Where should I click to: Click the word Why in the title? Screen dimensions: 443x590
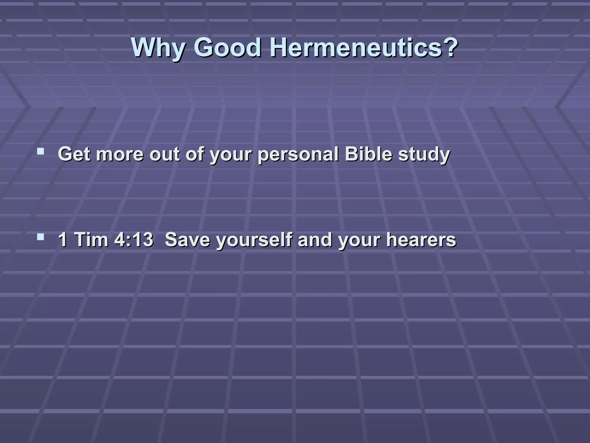pyautogui.click(x=158, y=48)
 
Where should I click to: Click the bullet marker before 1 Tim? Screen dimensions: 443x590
pyautogui.click(x=41, y=237)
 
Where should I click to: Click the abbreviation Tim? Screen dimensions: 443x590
pyautogui.click(x=91, y=239)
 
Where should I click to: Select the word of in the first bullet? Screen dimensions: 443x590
pyautogui.click(x=195, y=154)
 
